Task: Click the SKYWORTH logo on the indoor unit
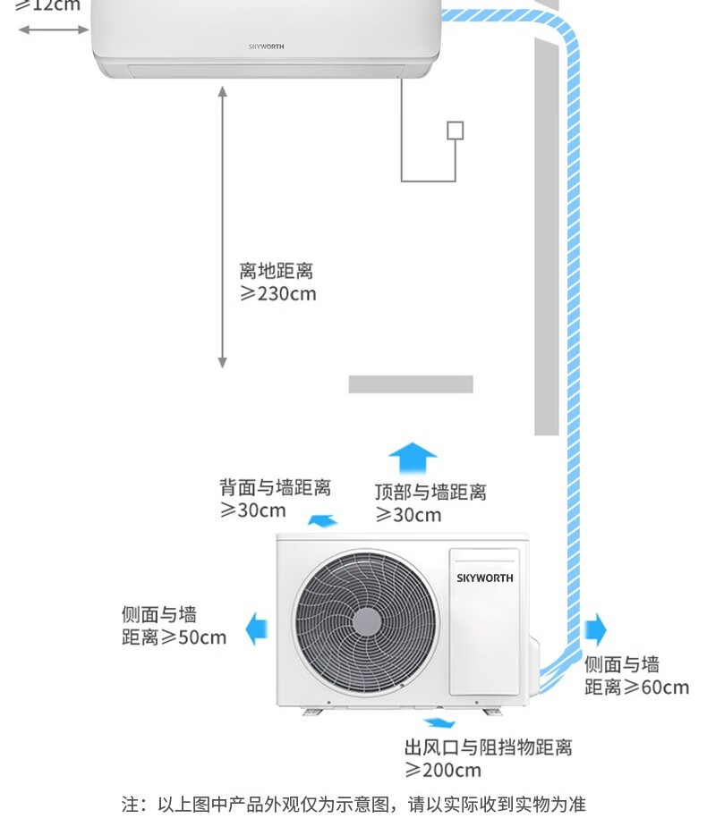266,46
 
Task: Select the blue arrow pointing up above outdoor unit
412,458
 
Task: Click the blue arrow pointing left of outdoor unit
257,628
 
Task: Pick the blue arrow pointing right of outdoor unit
595,629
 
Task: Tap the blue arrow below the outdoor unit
438,722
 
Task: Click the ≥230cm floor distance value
278,294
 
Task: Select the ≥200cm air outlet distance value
443,771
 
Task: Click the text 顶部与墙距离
430,492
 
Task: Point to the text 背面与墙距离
276,487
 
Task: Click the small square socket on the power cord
456,131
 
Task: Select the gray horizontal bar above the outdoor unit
411,384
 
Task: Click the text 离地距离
276,271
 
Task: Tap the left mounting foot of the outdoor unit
315,710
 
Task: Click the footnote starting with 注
353,805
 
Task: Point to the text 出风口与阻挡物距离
488,747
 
